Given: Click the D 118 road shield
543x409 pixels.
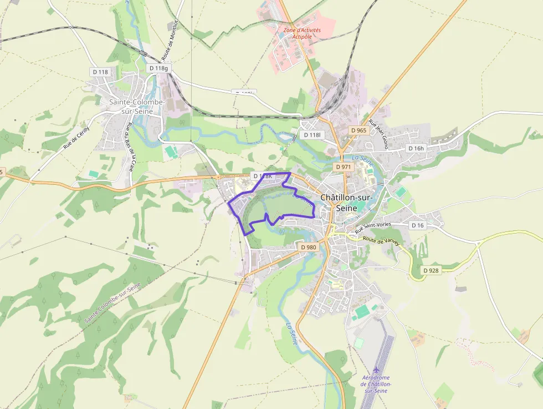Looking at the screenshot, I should [x=100, y=72].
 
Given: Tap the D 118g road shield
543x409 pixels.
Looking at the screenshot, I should [x=158, y=68].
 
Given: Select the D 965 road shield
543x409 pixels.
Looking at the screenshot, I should [x=359, y=130].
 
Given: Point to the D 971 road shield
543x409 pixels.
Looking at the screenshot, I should [x=344, y=166].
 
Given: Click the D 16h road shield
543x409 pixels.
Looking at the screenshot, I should [x=416, y=148].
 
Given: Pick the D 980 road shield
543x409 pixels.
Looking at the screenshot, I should [x=308, y=247].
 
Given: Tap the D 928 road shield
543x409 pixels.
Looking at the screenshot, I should [x=432, y=270].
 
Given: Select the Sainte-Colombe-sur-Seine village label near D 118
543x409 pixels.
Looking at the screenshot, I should [x=136, y=107].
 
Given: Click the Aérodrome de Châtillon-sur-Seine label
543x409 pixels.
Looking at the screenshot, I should [x=376, y=384].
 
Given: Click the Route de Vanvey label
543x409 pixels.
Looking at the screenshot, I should [x=381, y=242].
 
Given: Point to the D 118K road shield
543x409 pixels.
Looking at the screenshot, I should [x=263, y=176].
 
